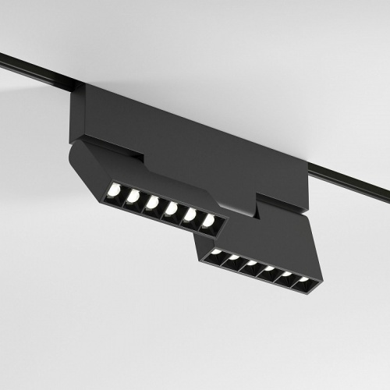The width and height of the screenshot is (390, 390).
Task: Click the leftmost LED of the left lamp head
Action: tap(114, 190)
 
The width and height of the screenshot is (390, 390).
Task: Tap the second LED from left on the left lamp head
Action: tap(133, 196)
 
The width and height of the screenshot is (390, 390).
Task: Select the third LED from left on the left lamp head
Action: tap(152, 203)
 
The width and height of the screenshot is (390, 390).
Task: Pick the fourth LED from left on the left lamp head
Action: tap(171, 209)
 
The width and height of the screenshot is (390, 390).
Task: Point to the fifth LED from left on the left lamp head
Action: tap(190, 215)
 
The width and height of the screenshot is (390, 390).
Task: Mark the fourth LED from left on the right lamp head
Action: tap(269, 270)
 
